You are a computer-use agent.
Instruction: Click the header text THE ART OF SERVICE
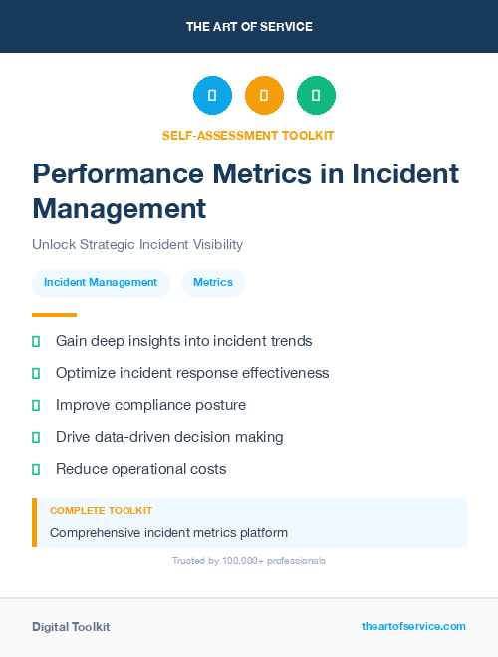pos(249,27)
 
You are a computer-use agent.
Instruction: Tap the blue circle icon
pos(212,95)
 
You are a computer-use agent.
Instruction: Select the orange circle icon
pos(264,95)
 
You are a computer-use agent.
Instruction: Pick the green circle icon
pos(316,95)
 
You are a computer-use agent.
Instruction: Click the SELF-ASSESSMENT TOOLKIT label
pos(248,135)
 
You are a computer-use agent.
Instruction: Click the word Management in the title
pos(120,209)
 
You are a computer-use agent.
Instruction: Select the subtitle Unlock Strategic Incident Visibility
pos(137,244)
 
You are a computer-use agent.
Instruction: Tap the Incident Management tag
pos(101,283)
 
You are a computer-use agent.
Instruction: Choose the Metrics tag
pos(213,283)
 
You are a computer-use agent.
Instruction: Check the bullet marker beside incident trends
pos(36,341)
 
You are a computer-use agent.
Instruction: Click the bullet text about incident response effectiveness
pos(192,373)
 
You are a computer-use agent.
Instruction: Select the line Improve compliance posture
pos(150,405)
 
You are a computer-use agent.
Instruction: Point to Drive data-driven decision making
pos(169,437)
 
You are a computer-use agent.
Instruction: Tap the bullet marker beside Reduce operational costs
pos(36,469)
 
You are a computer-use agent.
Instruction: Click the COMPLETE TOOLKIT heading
pos(101,511)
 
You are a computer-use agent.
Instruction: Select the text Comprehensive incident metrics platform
pos(168,532)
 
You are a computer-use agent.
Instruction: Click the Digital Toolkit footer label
pos(71,627)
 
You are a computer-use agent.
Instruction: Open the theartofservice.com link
pos(413,626)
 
